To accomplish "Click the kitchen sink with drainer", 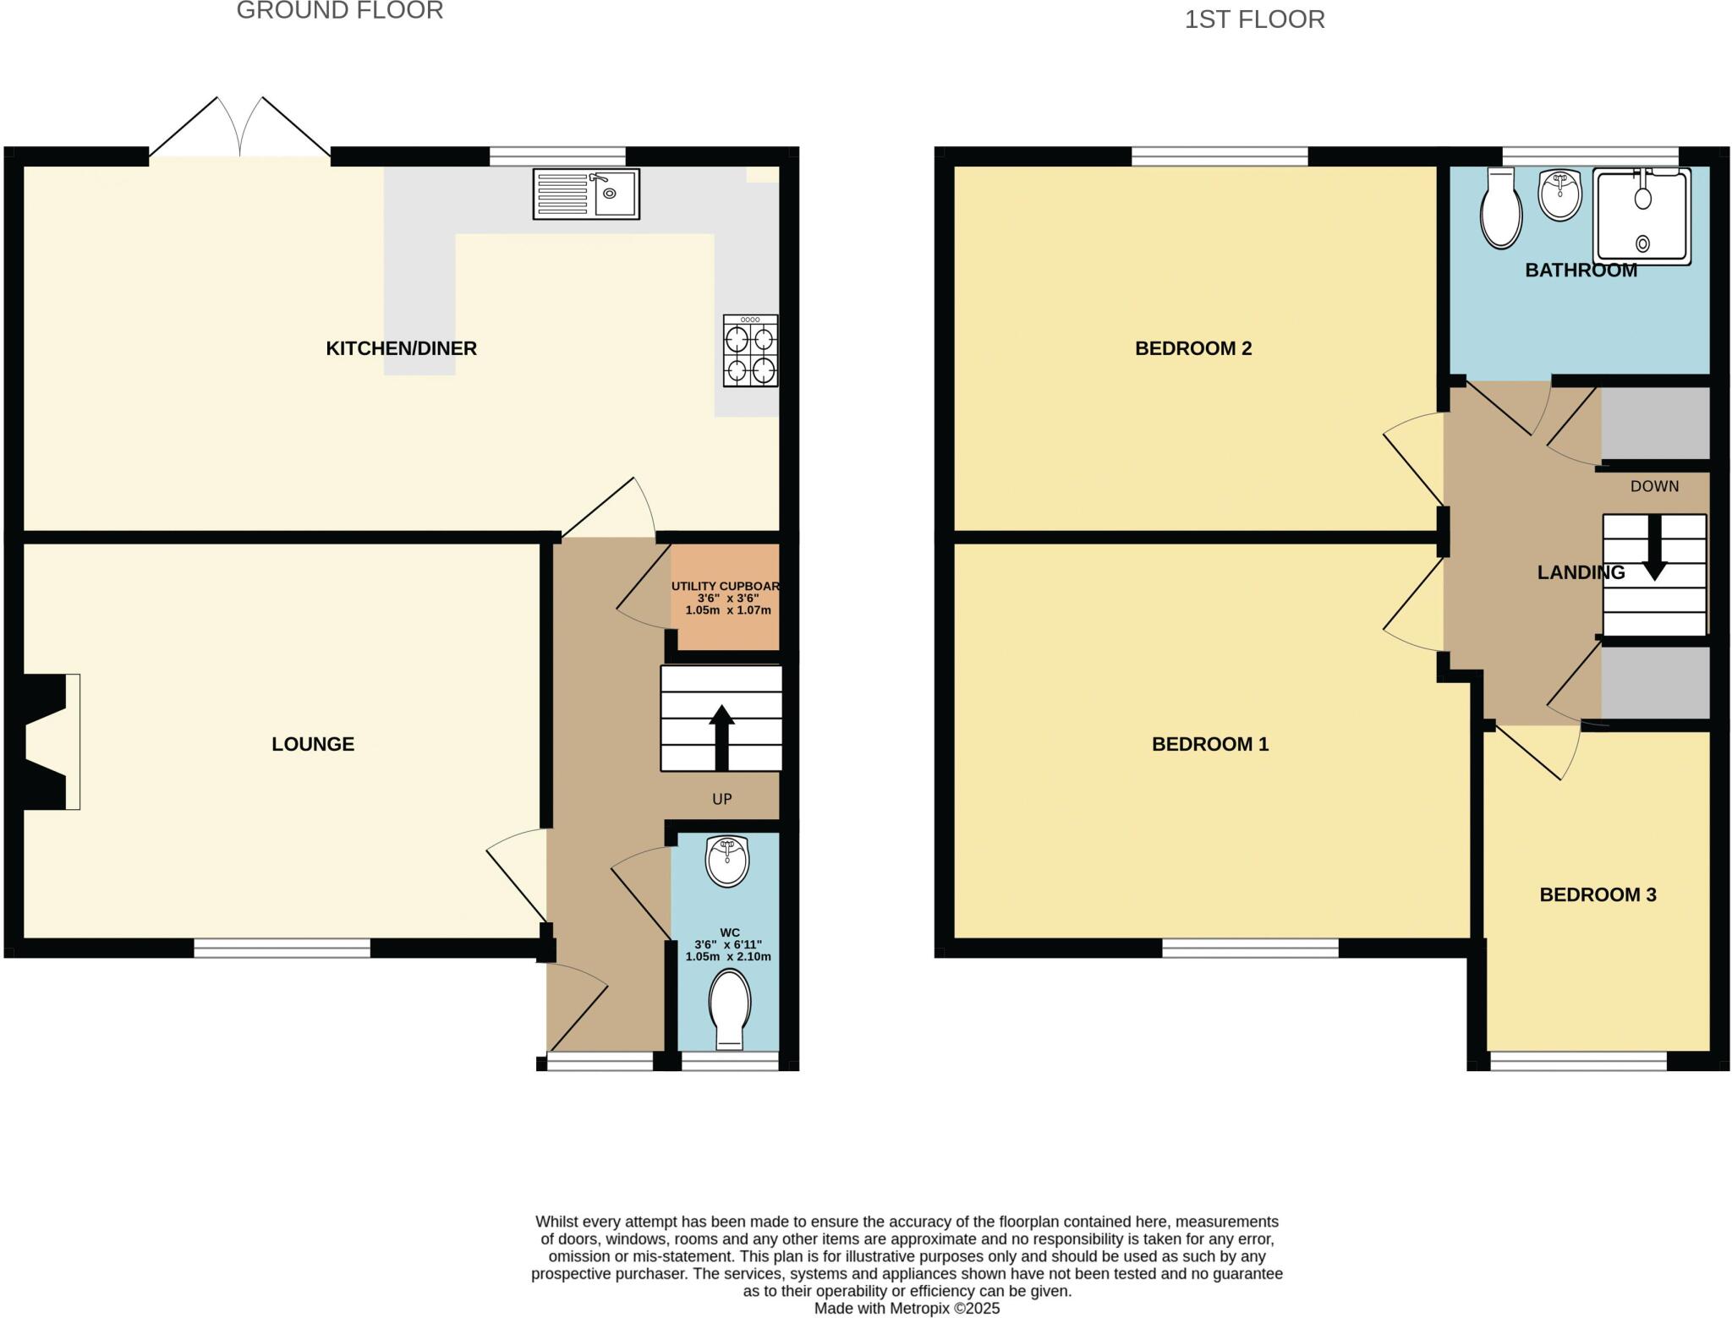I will [x=585, y=194].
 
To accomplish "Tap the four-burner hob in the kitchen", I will [x=750, y=351].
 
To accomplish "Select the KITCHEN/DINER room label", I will [x=401, y=348].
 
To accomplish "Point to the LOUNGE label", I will [x=313, y=744].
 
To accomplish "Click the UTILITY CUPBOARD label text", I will [x=726, y=587].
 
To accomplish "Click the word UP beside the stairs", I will [x=721, y=799].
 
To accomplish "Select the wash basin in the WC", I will [x=727, y=861].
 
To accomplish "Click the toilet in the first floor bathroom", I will [x=1501, y=208].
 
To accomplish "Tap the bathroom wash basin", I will [x=1559, y=195].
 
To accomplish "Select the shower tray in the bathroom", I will [x=1642, y=216].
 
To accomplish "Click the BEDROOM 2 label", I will [x=1192, y=348].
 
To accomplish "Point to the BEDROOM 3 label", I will [x=1597, y=894].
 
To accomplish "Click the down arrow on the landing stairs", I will [x=1654, y=550].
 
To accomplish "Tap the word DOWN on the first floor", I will [x=1654, y=486].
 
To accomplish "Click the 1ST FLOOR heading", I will [x=1254, y=19].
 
